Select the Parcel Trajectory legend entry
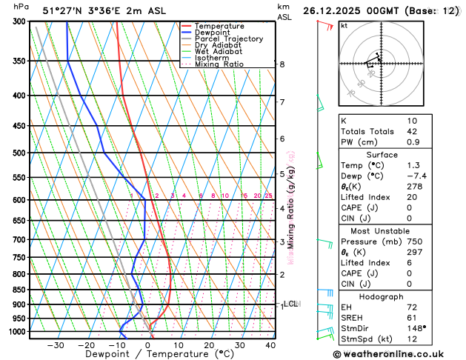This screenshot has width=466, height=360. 228,39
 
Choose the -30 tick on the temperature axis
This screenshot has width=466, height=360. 56,344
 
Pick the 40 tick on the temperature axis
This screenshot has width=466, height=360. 270,344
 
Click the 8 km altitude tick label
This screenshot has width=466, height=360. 282,64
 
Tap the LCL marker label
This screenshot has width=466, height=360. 290,304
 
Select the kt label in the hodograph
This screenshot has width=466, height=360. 344,26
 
